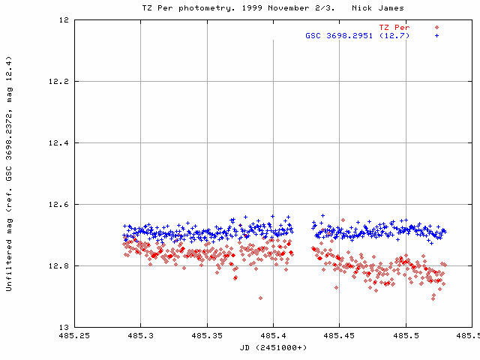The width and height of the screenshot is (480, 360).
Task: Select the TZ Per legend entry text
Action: [394, 27]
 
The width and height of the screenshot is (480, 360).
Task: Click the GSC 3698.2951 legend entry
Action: [357, 35]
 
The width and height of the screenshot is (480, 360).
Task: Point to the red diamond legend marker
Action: [436, 27]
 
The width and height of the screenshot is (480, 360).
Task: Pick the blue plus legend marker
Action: [436, 35]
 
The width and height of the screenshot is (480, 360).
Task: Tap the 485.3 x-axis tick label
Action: [140, 337]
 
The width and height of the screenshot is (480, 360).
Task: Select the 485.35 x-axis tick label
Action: [206, 337]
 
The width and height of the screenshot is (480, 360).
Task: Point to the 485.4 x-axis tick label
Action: [272, 337]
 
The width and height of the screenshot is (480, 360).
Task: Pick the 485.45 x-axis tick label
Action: [339, 337]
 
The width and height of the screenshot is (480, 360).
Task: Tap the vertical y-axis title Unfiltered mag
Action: [8, 172]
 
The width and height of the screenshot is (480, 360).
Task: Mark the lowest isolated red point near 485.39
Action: [260, 298]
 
